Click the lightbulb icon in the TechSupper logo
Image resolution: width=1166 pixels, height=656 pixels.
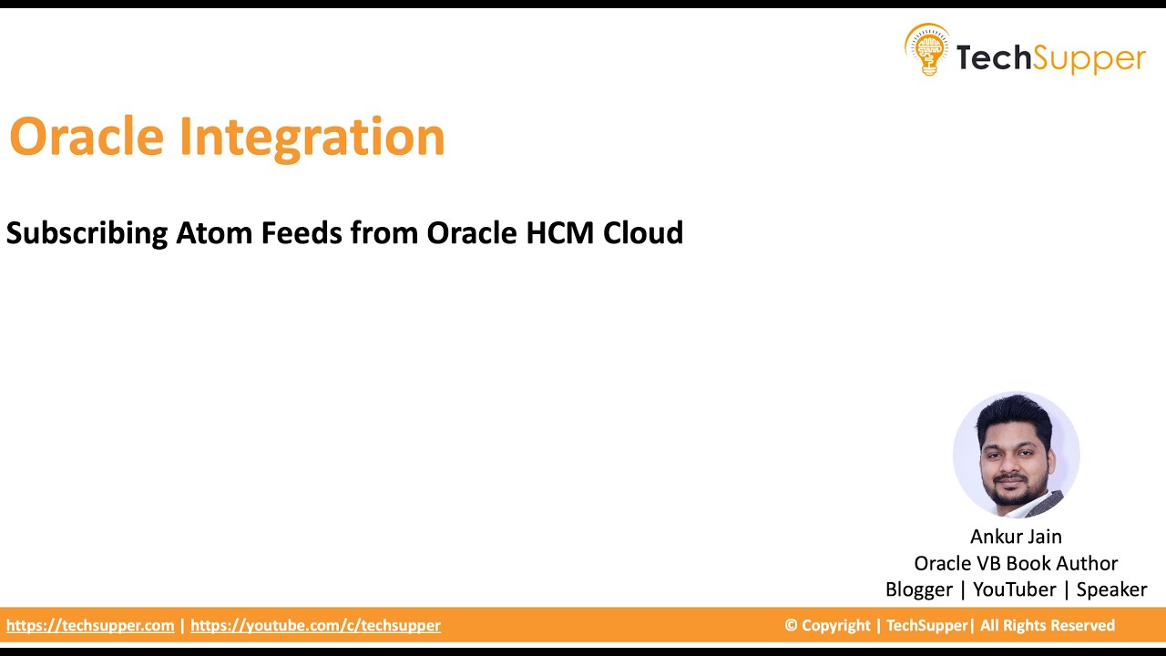tap(926, 49)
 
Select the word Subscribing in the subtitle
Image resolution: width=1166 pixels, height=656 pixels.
tap(87, 234)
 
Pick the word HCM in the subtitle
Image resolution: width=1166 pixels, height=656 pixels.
tap(559, 233)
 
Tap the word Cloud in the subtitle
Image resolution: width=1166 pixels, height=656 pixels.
tap(643, 233)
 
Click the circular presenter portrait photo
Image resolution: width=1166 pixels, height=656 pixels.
tap(1016, 455)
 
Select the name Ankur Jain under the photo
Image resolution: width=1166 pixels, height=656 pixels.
tap(1016, 537)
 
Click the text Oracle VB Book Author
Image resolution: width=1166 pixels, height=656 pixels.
tap(1016, 563)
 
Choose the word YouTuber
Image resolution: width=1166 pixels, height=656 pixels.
tap(1014, 589)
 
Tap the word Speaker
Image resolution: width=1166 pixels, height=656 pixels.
tap(1111, 590)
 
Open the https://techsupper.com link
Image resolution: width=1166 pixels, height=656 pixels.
tap(90, 626)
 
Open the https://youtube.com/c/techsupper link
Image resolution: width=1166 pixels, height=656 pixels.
tap(315, 626)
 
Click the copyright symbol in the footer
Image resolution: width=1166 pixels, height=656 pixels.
tap(791, 626)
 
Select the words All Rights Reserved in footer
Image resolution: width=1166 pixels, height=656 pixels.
tap(1048, 626)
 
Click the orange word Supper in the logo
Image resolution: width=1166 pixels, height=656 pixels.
tap(1089, 58)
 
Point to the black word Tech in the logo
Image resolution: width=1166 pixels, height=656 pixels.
tap(994, 58)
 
